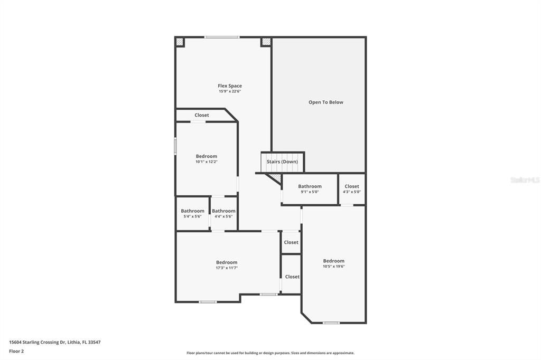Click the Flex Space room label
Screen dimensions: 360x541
click(230, 86)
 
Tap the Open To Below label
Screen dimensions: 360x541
click(325, 102)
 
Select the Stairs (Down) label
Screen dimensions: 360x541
click(282, 162)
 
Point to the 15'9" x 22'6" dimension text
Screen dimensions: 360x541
click(230, 91)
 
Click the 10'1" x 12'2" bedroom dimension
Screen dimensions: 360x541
click(206, 162)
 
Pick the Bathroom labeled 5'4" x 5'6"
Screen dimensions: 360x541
click(192, 211)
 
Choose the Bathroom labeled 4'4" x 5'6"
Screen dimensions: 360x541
click(223, 211)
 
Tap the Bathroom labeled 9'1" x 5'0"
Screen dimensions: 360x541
click(310, 186)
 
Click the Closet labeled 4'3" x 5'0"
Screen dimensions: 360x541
click(352, 186)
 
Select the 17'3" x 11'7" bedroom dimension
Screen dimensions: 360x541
click(227, 268)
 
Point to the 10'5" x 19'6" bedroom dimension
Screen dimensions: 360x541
click(333, 267)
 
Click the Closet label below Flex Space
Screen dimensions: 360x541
click(201, 115)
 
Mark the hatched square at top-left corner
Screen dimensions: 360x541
click(180, 41)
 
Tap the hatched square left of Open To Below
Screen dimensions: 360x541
click(266, 41)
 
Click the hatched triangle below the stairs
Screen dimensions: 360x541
click(275, 178)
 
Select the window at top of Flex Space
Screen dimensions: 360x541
click(222, 37)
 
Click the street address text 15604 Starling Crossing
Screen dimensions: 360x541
click(54, 342)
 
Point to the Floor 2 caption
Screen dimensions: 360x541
click(16, 351)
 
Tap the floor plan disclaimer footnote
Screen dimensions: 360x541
click(270, 353)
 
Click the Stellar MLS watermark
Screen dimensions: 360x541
click(525, 180)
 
